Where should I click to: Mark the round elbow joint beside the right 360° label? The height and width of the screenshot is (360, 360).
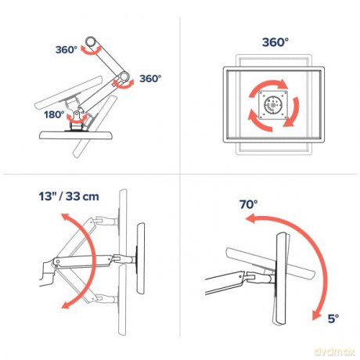point(122,79)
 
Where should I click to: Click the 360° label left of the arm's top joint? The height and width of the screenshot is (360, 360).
point(68,49)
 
